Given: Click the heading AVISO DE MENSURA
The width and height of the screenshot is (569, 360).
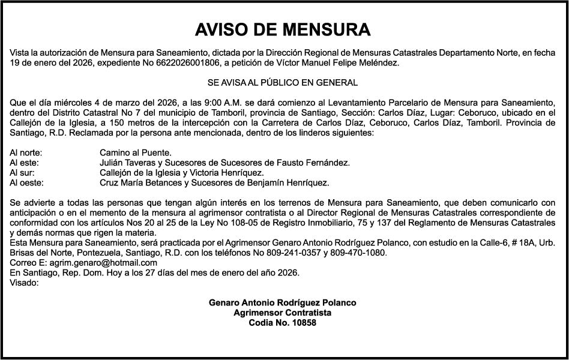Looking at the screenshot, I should [x=283, y=30].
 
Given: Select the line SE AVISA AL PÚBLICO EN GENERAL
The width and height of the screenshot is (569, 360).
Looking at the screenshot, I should [x=282, y=82].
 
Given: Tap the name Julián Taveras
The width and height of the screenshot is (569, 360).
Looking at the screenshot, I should [x=128, y=163].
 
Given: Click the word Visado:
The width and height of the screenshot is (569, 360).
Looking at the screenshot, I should [x=25, y=283].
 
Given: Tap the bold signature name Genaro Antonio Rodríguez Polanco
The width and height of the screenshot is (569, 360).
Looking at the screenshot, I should [x=282, y=302].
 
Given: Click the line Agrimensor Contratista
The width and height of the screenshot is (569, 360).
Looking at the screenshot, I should [x=282, y=313].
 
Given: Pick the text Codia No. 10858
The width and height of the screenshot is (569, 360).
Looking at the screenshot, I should [x=282, y=323].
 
